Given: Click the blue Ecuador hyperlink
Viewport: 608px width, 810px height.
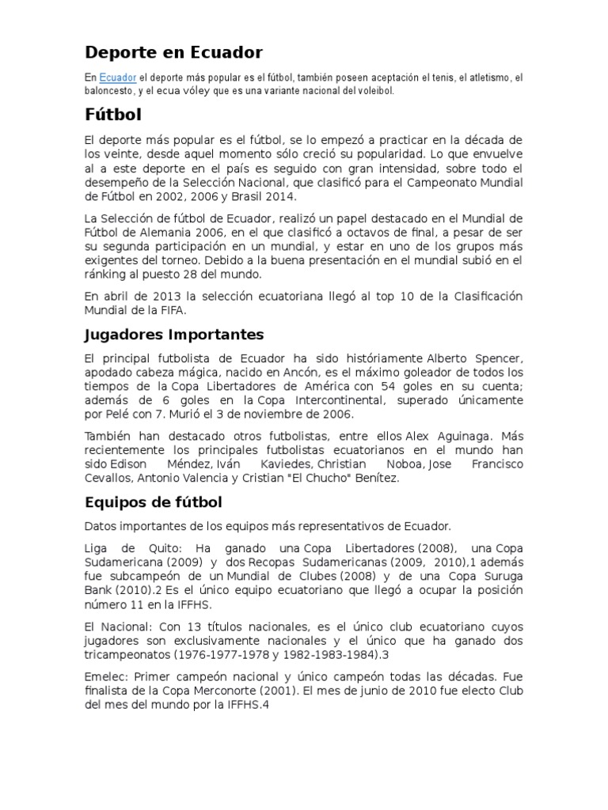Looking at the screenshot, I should coord(117,78).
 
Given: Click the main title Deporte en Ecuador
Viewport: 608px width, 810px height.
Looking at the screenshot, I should coord(173,53).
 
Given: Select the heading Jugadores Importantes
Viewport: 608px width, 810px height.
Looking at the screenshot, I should coord(174,335).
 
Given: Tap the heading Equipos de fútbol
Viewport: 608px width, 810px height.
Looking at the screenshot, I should coord(154,502).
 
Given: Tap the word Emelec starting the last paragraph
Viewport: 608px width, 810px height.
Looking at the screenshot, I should coord(105,678).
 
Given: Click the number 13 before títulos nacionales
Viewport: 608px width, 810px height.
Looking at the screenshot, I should coord(200,626).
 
